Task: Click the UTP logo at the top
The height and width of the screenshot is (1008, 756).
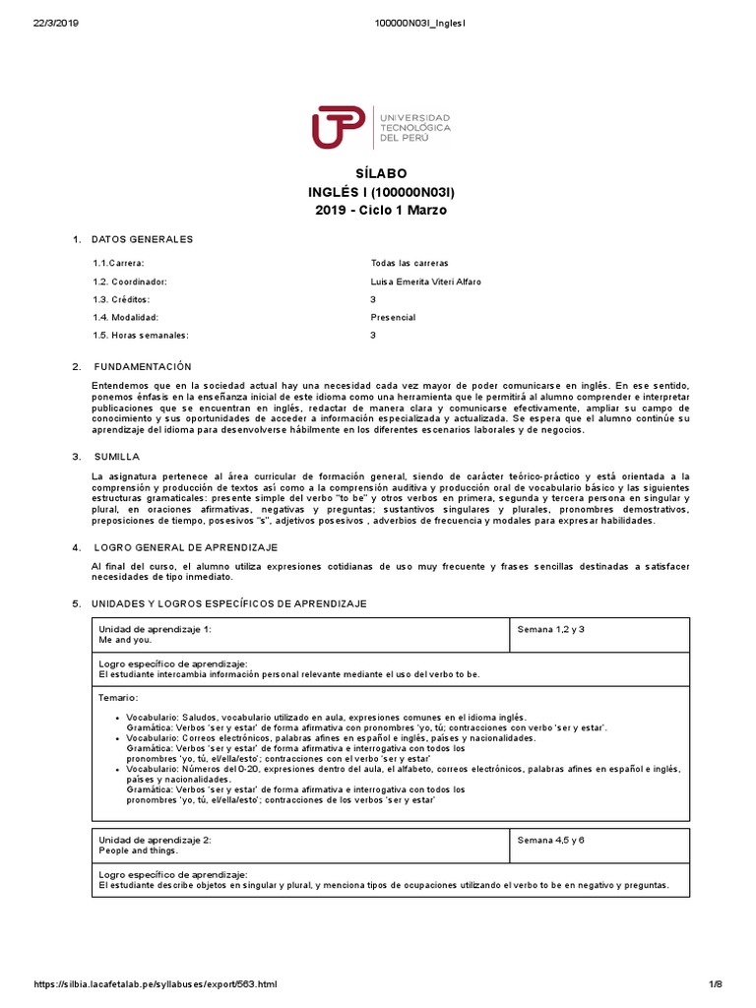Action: (380, 128)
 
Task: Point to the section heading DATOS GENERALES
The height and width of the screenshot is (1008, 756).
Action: (142, 239)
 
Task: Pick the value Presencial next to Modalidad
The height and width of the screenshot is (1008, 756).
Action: (393, 318)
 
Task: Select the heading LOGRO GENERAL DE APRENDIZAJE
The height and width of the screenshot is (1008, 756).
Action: (186, 546)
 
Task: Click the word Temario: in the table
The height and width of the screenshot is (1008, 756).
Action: (118, 697)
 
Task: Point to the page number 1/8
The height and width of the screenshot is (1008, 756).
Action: (717, 984)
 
